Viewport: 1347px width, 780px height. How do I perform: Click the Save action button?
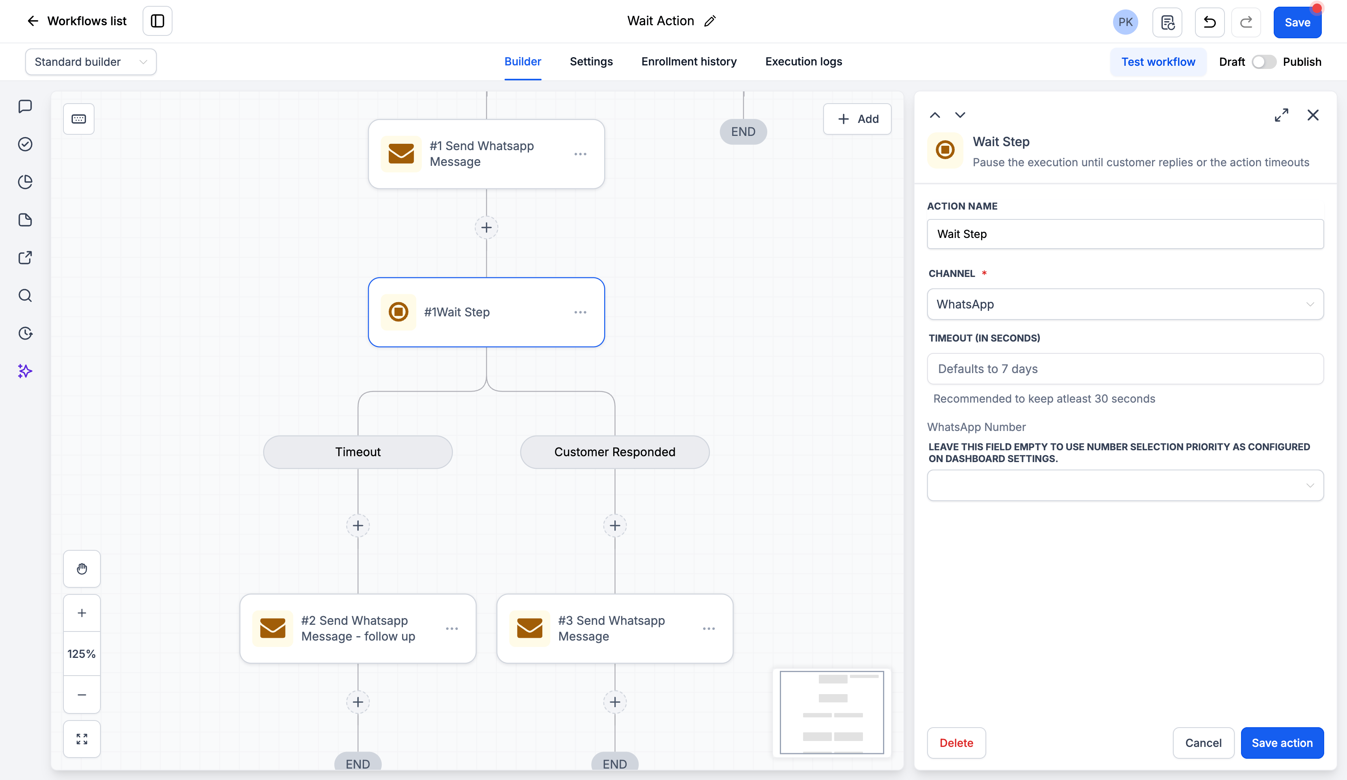pos(1282,743)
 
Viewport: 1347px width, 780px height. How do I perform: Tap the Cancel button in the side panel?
pos(1203,743)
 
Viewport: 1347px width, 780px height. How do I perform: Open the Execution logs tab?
pos(803,61)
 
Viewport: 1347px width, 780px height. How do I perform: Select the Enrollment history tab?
pos(689,61)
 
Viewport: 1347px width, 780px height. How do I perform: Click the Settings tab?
pos(591,61)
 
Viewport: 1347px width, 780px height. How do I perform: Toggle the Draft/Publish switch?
pos(1264,62)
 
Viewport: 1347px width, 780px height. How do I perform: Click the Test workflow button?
pos(1158,62)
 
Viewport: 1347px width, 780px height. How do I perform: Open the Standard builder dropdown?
pos(91,62)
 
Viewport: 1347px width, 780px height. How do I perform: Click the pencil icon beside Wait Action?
pos(710,21)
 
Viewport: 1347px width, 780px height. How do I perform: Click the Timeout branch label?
pos(358,452)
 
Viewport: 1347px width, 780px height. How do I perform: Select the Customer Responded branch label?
pos(615,452)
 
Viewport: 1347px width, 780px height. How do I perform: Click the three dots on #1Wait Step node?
pos(581,312)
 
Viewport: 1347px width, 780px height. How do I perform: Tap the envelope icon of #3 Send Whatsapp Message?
pos(530,628)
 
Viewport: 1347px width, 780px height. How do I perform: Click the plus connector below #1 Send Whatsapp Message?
pos(486,228)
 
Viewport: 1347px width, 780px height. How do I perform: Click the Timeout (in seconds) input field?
pos(1125,368)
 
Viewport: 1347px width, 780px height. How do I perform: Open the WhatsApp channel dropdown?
pos(1125,304)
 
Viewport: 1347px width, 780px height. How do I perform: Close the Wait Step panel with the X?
pos(1313,115)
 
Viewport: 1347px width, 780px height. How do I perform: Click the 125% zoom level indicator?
pos(82,654)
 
